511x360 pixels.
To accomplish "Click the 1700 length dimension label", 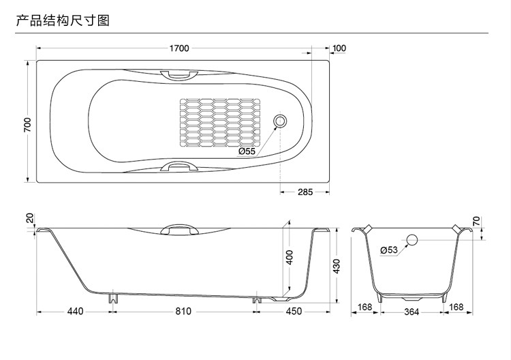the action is pyautogui.click(x=179, y=48).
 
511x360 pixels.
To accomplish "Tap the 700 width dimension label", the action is pyautogui.click(x=27, y=125).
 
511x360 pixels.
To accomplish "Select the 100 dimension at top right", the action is pyautogui.click(x=339, y=48).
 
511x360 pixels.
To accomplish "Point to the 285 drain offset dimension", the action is pyautogui.click(x=305, y=192).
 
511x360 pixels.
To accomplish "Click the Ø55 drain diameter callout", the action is pyautogui.click(x=247, y=151).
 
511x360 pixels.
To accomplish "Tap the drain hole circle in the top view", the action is pyautogui.click(x=279, y=121).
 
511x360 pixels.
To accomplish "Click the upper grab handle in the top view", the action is pyautogui.click(x=179, y=75).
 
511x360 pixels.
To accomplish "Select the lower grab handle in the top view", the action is pyautogui.click(x=179, y=166).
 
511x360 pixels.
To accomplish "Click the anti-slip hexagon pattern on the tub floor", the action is pyautogui.click(x=220, y=123).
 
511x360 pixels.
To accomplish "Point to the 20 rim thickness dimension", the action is pyautogui.click(x=30, y=218).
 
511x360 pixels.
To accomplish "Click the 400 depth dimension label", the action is pyautogui.click(x=290, y=257).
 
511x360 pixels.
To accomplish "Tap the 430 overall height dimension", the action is pyautogui.click(x=337, y=266).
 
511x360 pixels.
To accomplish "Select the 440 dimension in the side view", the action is pyautogui.click(x=75, y=312).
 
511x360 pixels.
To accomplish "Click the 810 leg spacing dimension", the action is pyautogui.click(x=183, y=312).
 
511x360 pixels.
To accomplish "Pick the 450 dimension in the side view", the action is pyautogui.click(x=294, y=312).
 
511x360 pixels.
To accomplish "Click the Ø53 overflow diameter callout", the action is pyautogui.click(x=389, y=250).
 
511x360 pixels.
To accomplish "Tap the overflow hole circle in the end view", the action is pyautogui.click(x=412, y=240).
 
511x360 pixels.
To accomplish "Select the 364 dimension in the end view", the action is pyautogui.click(x=412, y=312).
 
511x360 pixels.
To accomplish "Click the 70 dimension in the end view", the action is pyautogui.click(x=476, y=222).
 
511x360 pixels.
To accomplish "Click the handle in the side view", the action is pyautogui.click(x=179, y=229).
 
